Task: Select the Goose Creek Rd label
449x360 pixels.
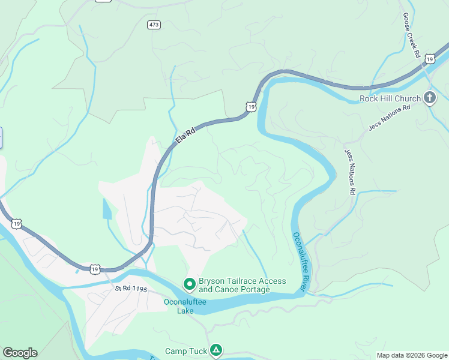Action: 411,35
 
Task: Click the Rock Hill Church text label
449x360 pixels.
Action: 390,98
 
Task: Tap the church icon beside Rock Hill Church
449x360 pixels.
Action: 429,98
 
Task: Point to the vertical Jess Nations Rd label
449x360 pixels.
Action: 349,172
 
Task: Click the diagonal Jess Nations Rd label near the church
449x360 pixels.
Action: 389,118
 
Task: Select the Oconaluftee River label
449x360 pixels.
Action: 300,262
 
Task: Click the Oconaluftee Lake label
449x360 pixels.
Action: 185,306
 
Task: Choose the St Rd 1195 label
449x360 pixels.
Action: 131,289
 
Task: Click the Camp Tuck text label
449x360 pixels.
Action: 186,351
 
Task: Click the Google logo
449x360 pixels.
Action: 20,353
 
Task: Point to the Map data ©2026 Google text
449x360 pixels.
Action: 412,355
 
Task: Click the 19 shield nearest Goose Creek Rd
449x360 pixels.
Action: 429,58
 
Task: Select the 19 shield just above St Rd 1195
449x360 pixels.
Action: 95,269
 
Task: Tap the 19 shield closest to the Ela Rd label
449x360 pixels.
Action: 251,107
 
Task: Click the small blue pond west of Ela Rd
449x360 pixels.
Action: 107,209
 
